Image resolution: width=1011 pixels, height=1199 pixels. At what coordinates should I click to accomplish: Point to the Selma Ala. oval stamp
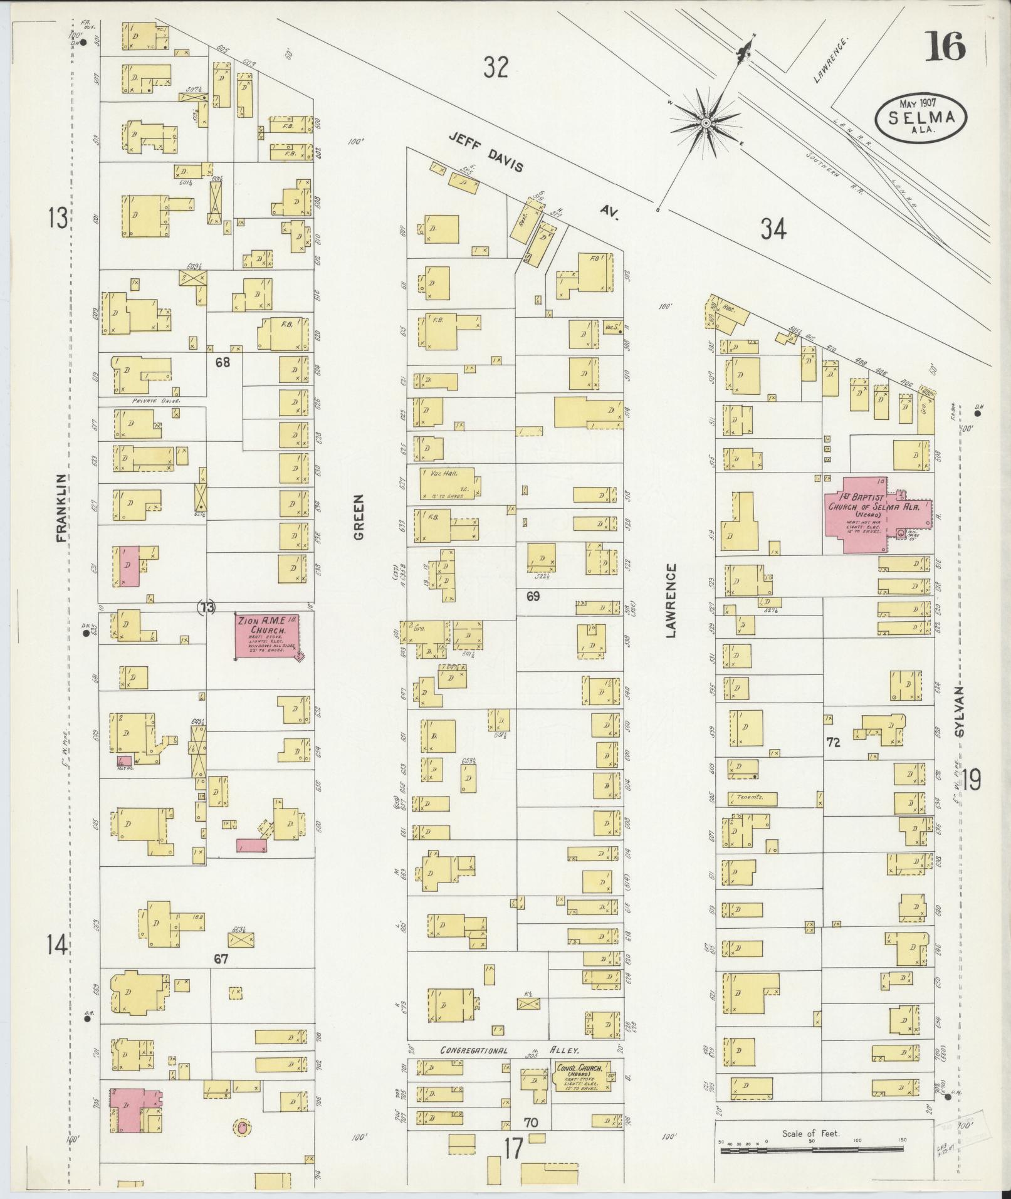(921, 117)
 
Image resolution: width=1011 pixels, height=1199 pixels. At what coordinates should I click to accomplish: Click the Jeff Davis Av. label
(533, 175)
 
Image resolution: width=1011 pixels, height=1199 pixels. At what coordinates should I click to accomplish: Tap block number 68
(222, 362)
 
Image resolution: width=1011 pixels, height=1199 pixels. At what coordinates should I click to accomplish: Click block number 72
(833, 743)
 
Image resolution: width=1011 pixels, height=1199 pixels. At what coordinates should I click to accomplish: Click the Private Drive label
(156, 400)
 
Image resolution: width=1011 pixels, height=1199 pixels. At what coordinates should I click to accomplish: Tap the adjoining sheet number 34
(773, 229)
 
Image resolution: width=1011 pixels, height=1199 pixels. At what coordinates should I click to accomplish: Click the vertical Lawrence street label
(672, 600)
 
